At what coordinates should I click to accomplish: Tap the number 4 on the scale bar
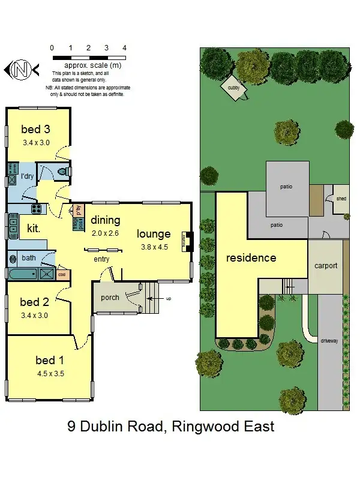pos(124,47)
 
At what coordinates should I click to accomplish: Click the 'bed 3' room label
pos(35,129)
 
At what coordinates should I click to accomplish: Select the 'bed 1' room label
pos(50,360)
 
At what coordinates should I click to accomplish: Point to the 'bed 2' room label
pos(34,302)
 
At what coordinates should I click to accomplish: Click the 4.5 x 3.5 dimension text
pos(50,373)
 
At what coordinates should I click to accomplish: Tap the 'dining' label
pos(106,220)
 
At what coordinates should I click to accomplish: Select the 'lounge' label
pos(154,234)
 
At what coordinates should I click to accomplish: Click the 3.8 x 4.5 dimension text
pos(154,247)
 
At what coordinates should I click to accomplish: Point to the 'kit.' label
pos(33,228)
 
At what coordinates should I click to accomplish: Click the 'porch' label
pos(110,297)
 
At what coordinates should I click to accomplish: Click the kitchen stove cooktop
pos(37,209)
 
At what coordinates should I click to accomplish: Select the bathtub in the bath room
pos(23,275)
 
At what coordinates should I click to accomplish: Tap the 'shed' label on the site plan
pos(341,199)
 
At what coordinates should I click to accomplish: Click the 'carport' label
pos(326,265)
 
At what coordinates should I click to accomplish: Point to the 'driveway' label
pos(330,340)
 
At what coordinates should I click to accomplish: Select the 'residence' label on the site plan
pos(251,258)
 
